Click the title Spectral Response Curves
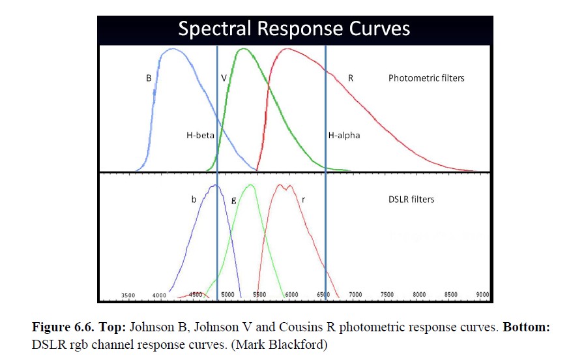(294, 29)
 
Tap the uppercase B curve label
(149, 78)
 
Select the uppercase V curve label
(224, 78)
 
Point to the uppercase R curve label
(351, 78)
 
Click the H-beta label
(198, 136)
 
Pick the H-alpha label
(344, 136)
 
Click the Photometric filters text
(426, 78)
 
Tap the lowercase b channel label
(194, 200)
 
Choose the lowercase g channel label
(234, 200)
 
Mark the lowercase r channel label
(303, 200)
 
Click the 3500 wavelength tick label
(128, 295)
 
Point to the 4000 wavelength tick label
(159, 295)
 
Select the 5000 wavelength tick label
(227, 295)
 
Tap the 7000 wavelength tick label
(355, 295)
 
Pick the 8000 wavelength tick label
(419, 295)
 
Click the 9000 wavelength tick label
(482, 295)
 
